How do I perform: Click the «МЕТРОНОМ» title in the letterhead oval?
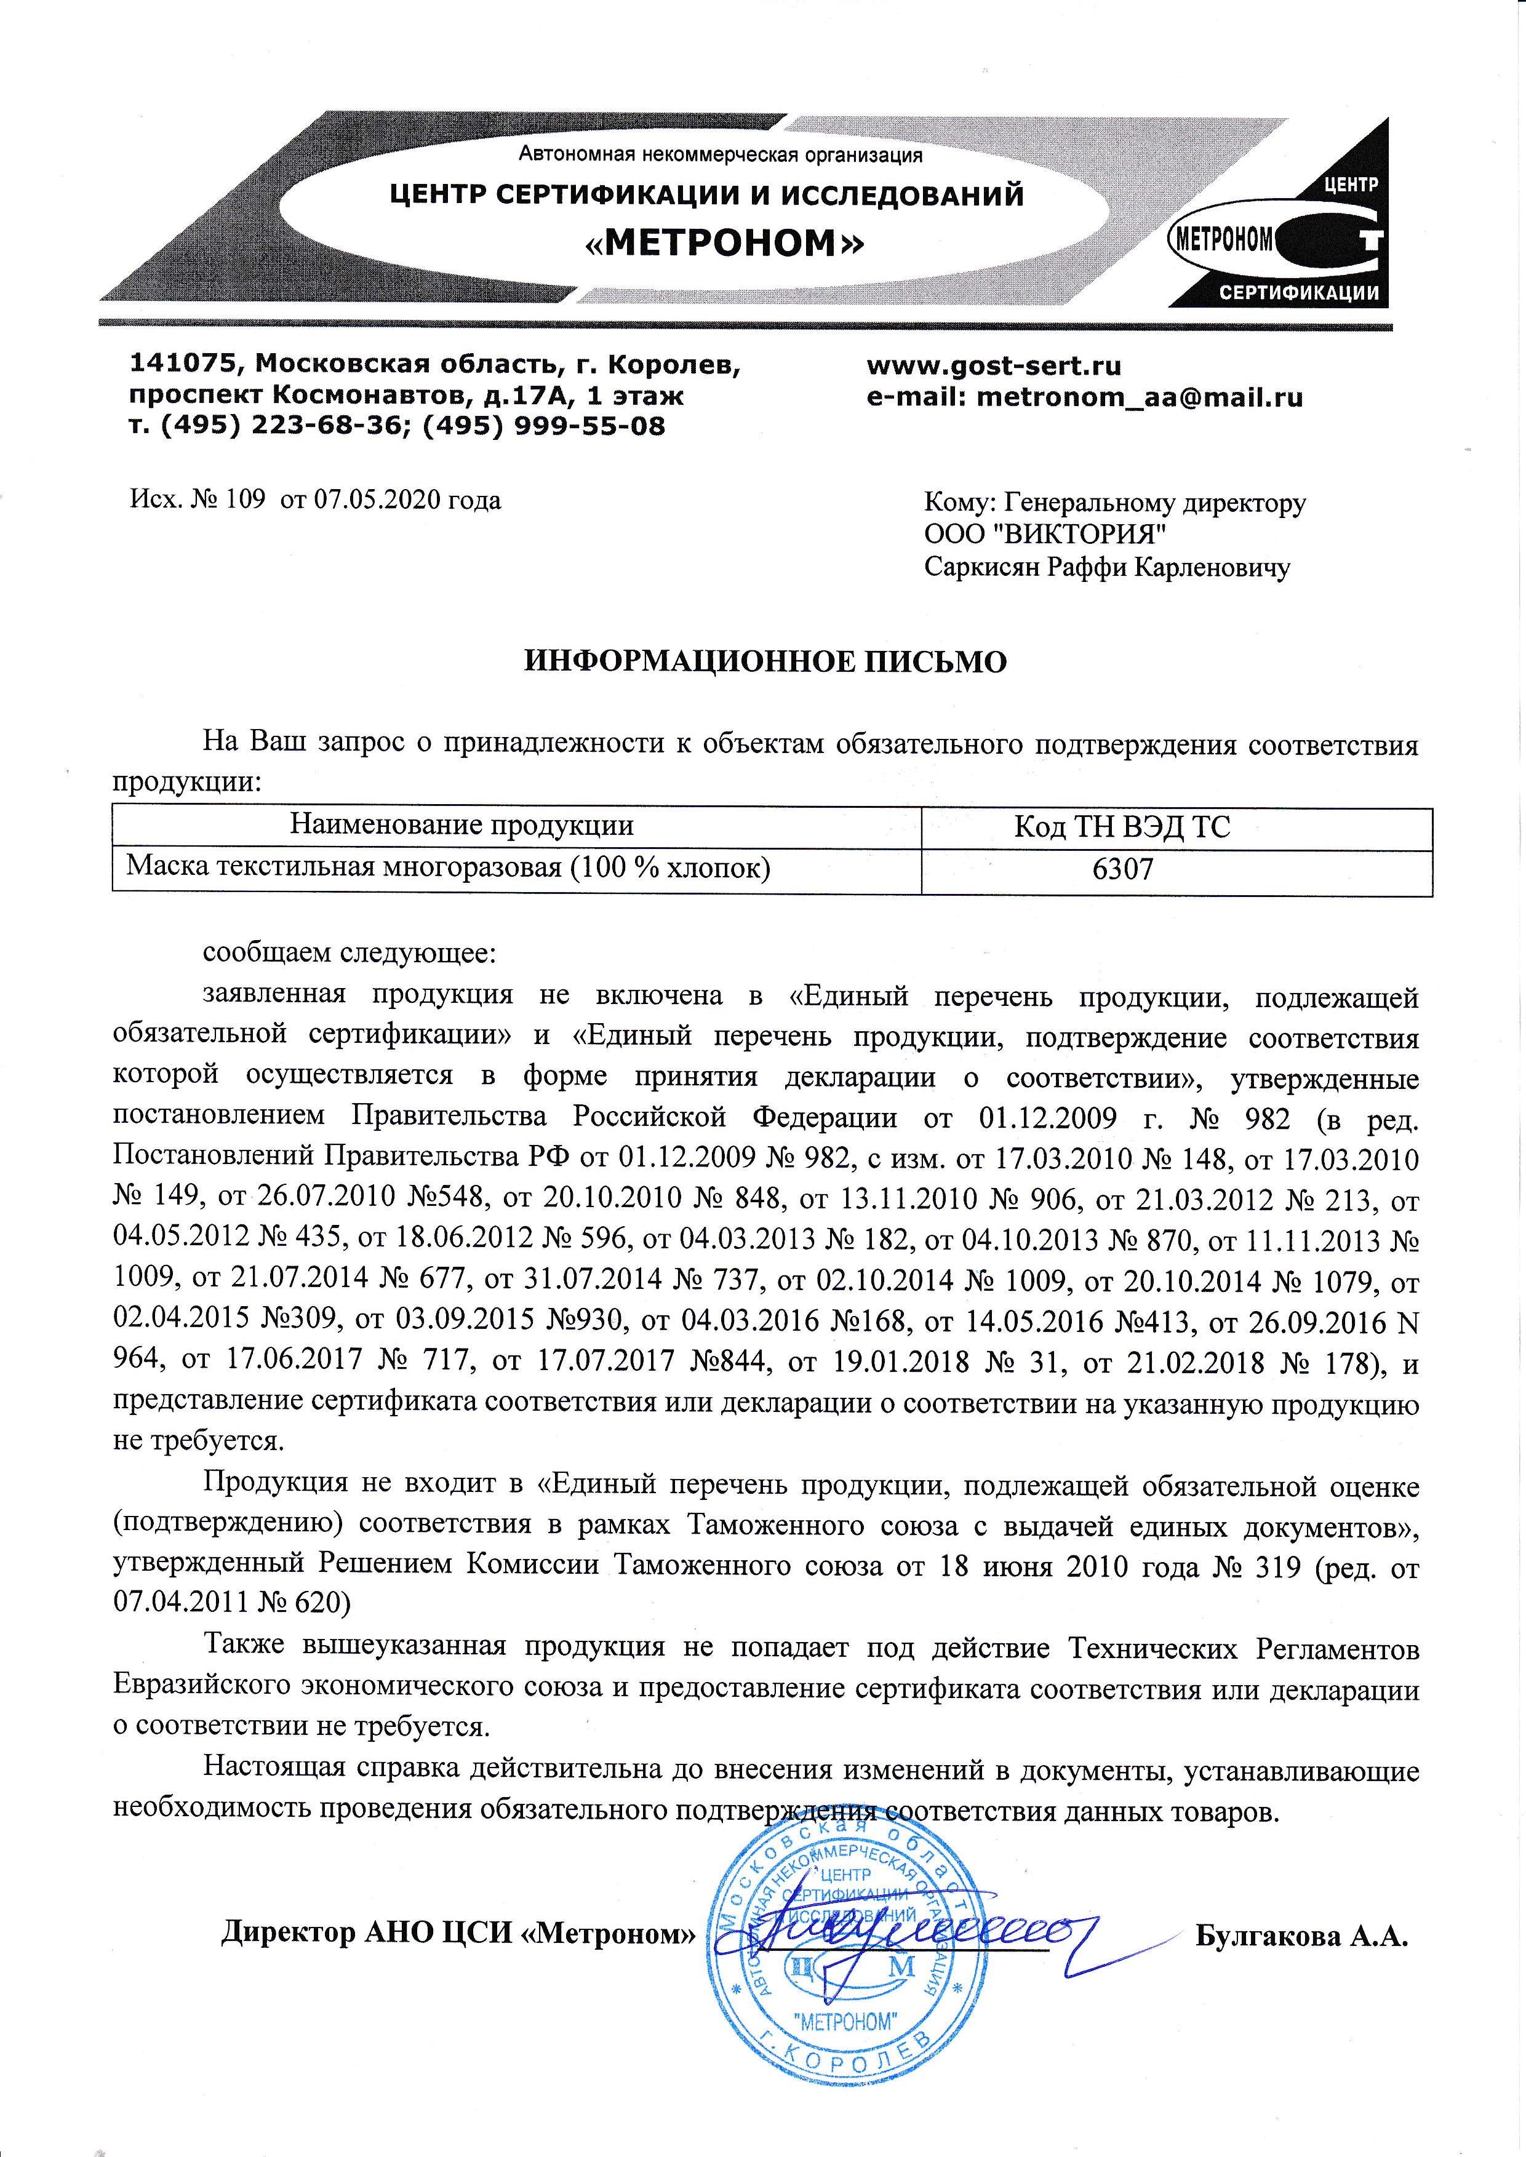724,244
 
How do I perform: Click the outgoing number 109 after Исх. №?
248,500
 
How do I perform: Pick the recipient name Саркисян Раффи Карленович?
1107,567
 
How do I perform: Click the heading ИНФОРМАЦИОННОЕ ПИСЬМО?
764,661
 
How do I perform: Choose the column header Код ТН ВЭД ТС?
1122,827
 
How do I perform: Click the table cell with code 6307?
1122,869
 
